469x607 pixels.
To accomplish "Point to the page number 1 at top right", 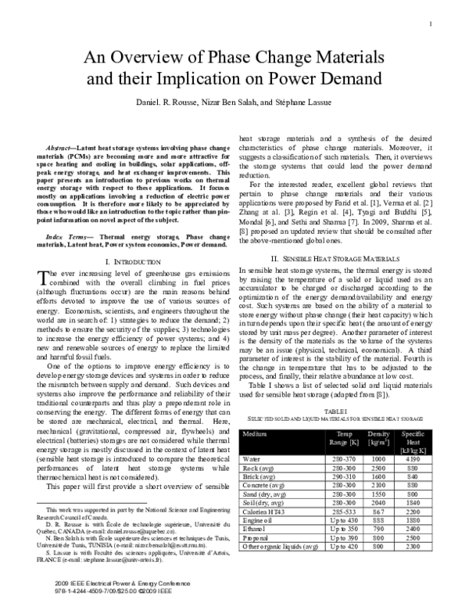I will [x=431, y=23].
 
